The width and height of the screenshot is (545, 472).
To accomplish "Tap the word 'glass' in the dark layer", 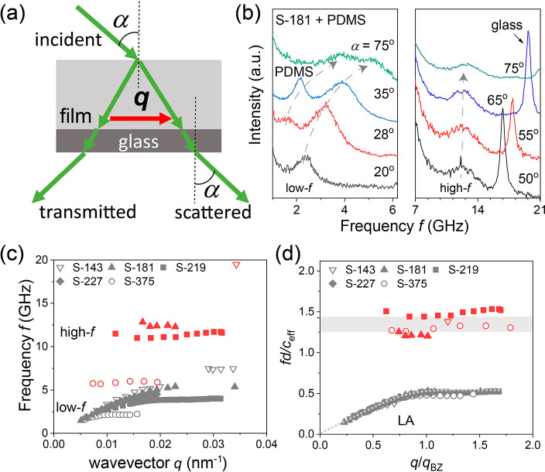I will [139, 142].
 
